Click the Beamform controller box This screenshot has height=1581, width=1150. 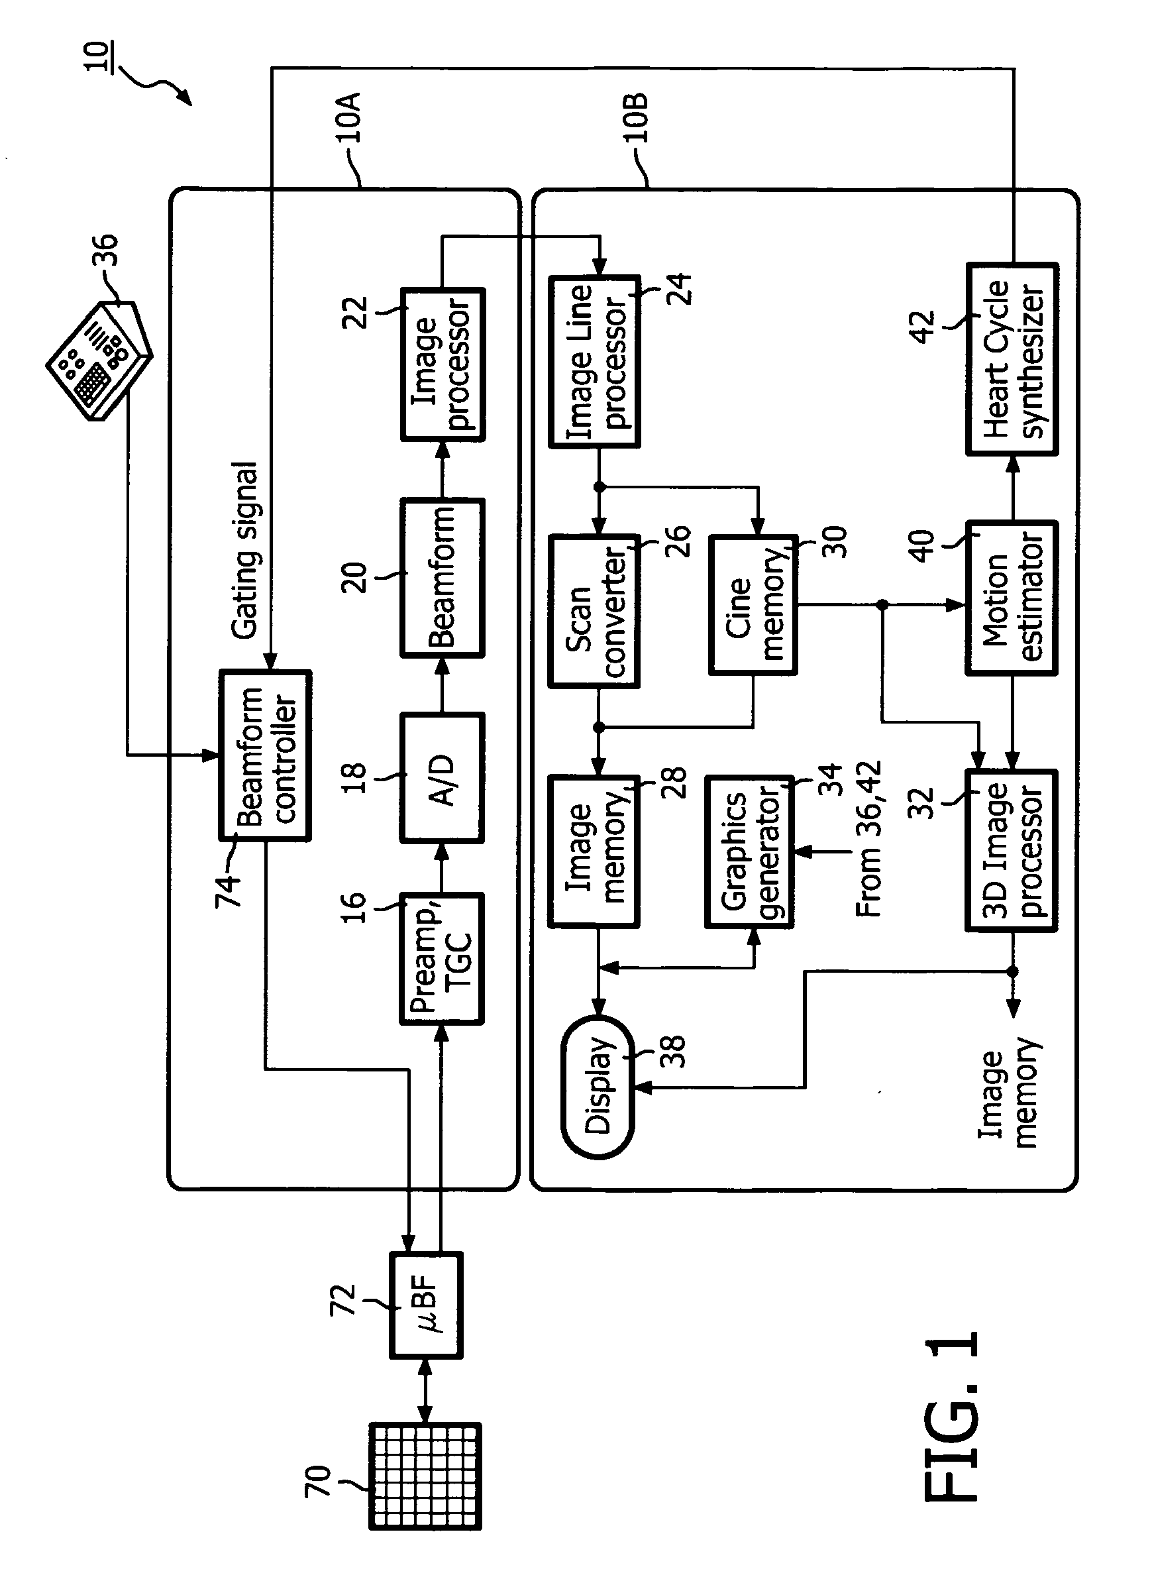point(265,755)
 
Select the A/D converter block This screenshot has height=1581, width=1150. point(442,778)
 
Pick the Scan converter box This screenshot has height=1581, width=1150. point(594,611)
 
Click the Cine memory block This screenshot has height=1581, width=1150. point(753,604)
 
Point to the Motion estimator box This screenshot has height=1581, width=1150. point(1012,598)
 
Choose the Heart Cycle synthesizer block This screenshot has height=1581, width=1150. point(1012,359)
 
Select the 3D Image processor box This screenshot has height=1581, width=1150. point(1012,850)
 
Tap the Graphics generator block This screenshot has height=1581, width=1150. point(750,851)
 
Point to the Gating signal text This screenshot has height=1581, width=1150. point(245,550)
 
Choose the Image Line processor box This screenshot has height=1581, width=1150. point(594,361)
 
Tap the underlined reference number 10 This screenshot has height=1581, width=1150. point(97,56)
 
